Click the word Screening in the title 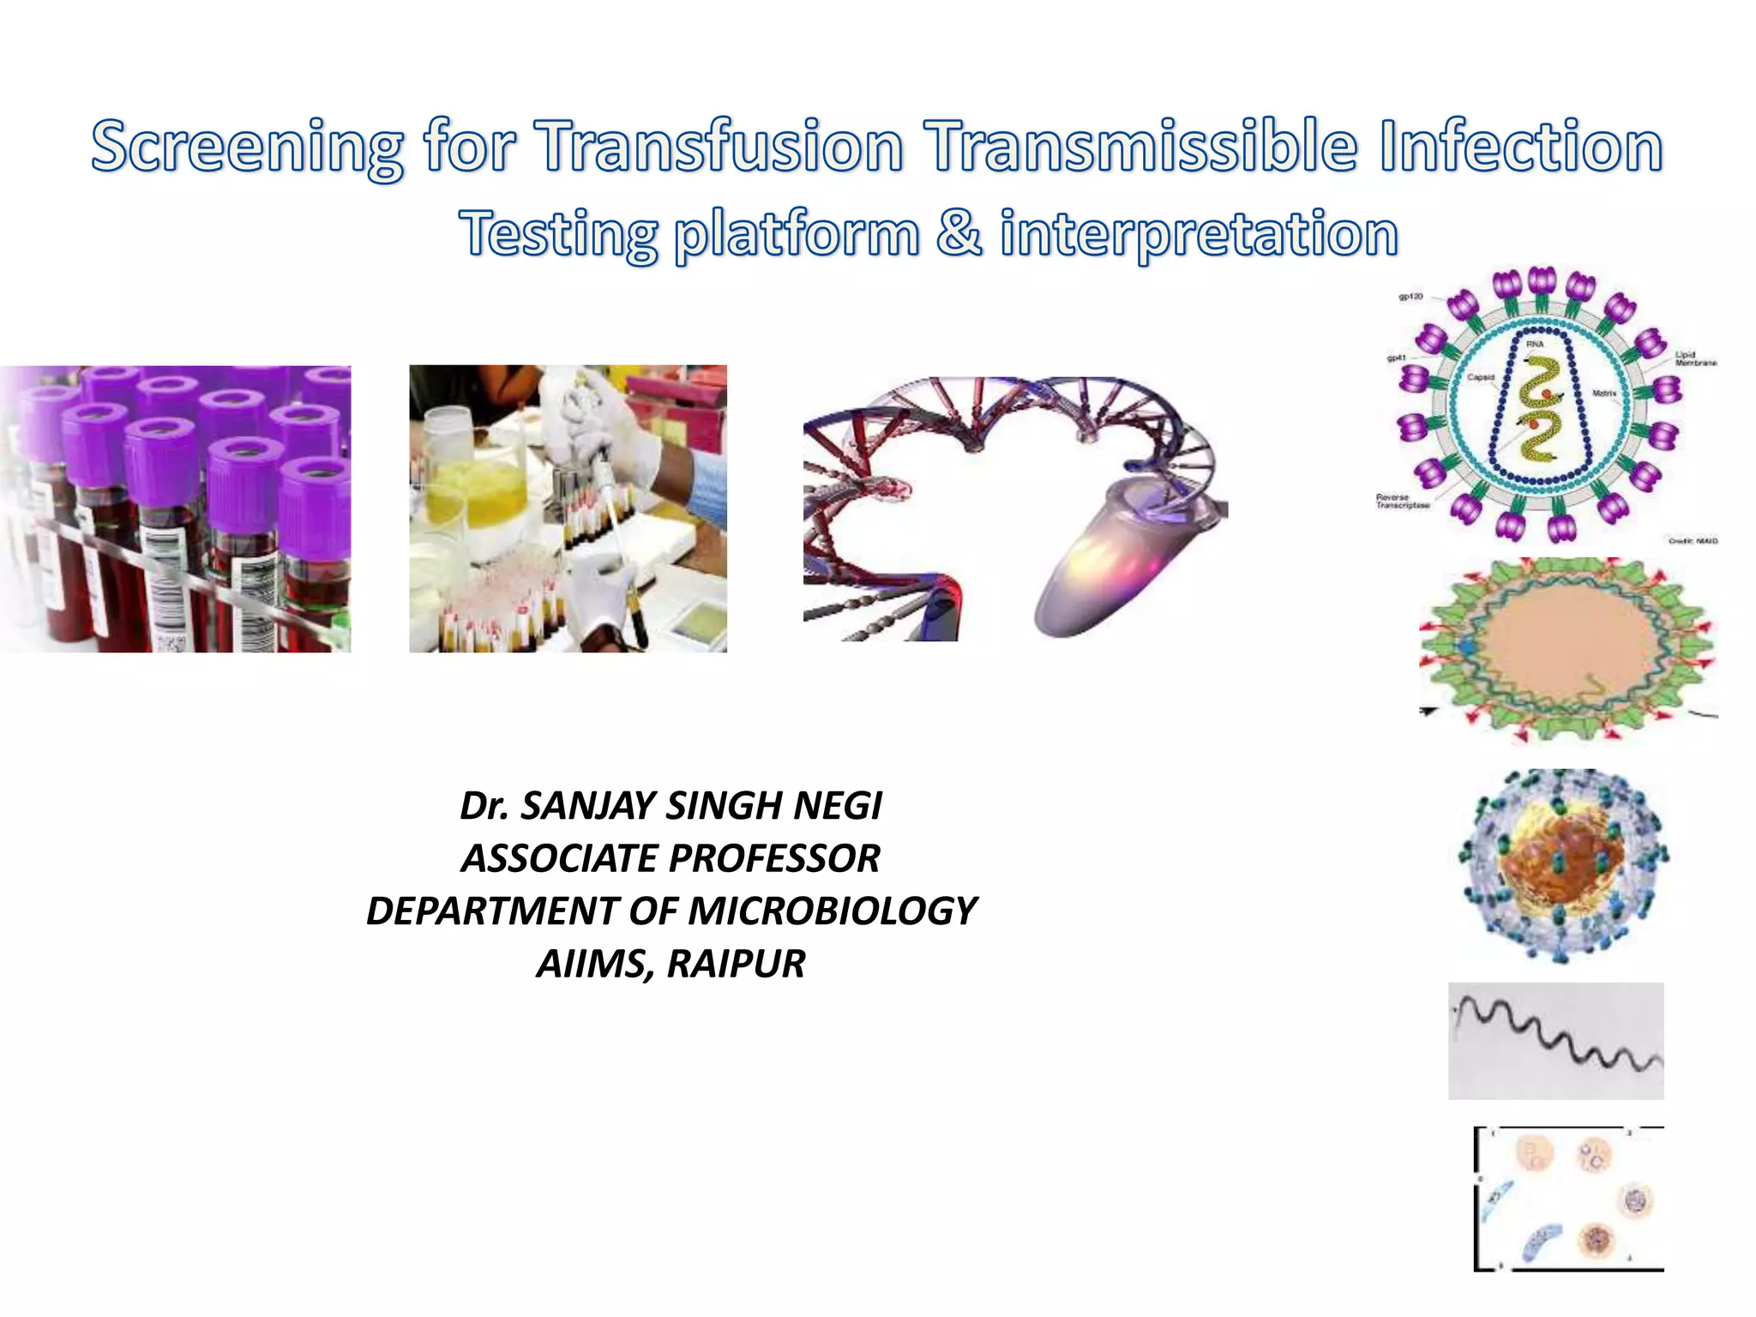coord(247,147)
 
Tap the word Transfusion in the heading coord(720,146)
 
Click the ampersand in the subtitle coord(959,232)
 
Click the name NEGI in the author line coord(838,806)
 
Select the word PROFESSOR coord(774,858)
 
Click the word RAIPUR coord(736,964)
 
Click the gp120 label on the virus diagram coord(1410,297)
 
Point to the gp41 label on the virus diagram coord(1397,358)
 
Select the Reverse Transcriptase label coord(1403,502)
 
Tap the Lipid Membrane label coord(1696,358)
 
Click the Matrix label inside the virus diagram coord(1604,394)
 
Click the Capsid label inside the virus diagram coord(1481,377)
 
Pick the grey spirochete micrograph coord(1555,1041)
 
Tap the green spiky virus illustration coord(1566,650)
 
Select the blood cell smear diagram coord(1569,1199)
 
